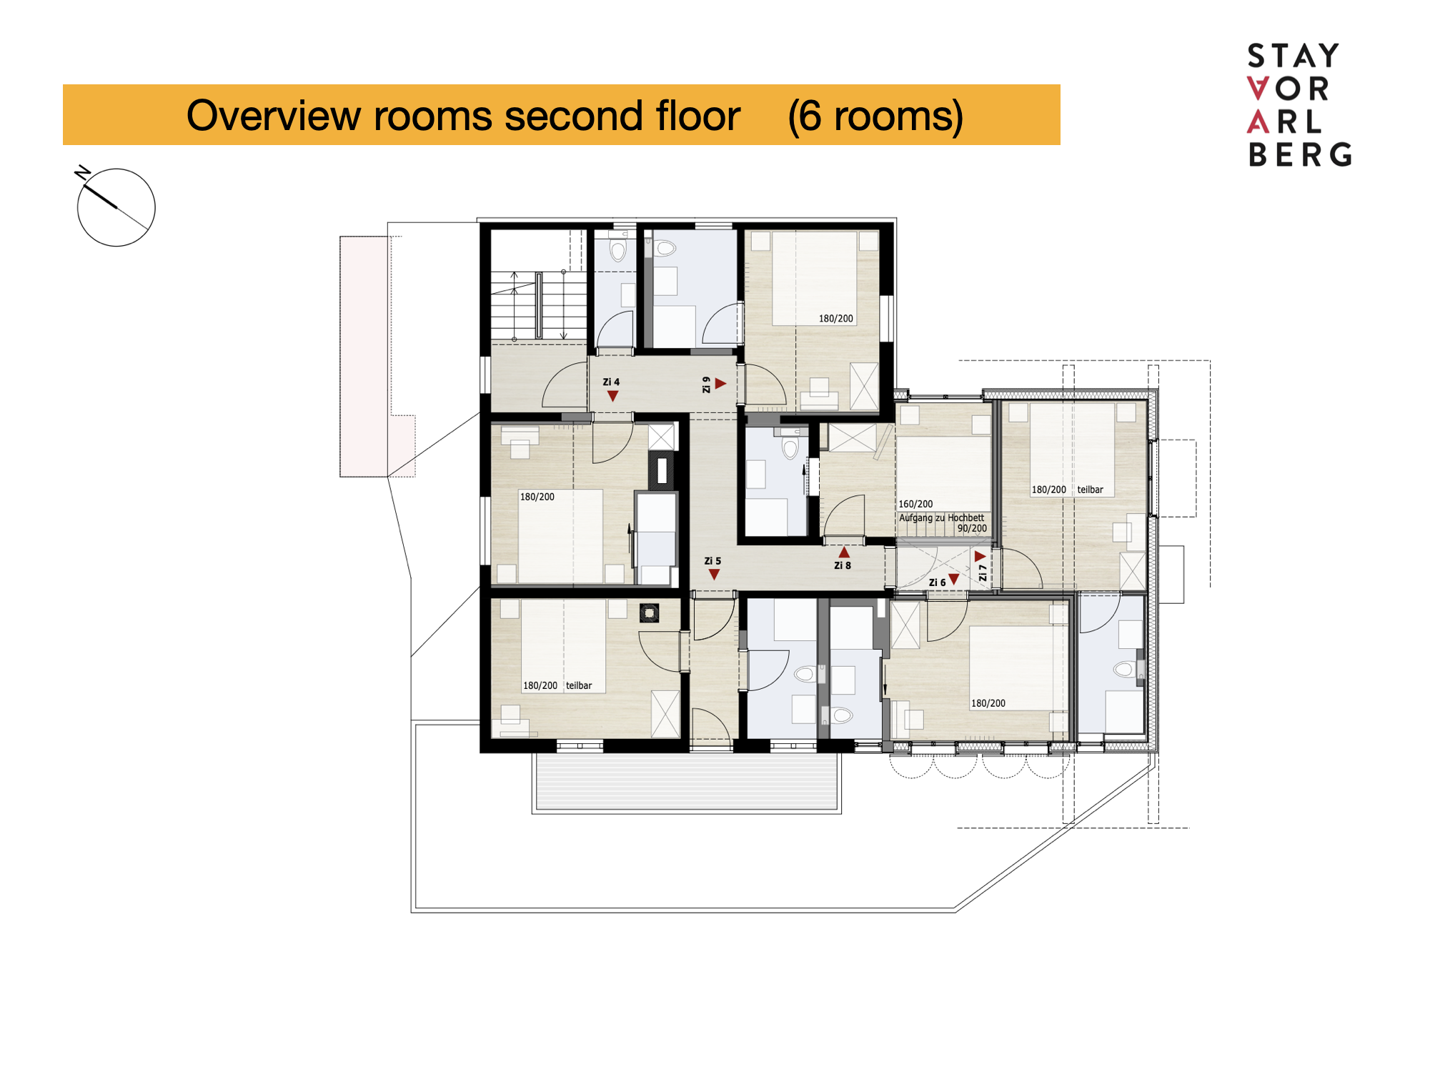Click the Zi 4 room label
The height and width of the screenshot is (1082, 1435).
coord(611,382)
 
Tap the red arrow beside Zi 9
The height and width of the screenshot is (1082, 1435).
coord(720,384)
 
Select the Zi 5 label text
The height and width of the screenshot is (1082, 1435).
coord(712,561)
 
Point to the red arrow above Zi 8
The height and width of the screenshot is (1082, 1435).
coord(844,552)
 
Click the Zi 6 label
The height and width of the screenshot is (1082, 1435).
coord(937,582)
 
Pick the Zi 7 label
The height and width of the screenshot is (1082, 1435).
coord(983,572)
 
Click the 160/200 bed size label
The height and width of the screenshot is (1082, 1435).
coord(915,504)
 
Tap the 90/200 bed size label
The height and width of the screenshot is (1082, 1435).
coord(972,529)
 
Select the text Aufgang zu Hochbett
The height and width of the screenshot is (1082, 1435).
coord(941,517)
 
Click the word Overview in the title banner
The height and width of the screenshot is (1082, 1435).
coord(273,115)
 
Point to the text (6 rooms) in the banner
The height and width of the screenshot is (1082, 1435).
coord(875,116)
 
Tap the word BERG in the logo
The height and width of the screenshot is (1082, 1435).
coord(1300,154)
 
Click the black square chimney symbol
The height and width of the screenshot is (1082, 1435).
coord(649,612)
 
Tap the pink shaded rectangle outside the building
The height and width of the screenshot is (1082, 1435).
coord(364,356)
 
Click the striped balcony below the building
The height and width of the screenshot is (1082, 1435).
coord(687,783)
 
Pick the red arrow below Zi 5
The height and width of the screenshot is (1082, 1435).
coord(714,575)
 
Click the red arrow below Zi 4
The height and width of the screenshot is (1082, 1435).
coord(612,396)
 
